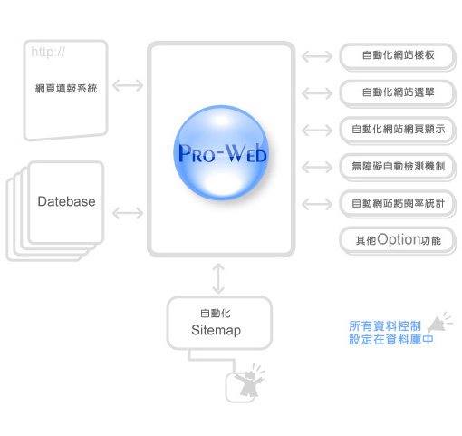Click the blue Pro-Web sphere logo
point(221,152)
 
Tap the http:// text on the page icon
point(48,52)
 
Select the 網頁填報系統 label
point(66,89)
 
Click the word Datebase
point(66,201)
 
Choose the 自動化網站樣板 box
point(398,56)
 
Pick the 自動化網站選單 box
point(398,93)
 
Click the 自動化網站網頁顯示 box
point(398,130)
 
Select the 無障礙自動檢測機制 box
point(398,167)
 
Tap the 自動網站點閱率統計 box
point(398,204)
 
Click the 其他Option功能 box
point(398,240)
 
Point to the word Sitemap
point(217,330)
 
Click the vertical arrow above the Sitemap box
point(218,278)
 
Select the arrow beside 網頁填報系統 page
point(128,85)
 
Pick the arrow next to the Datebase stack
point(128,213)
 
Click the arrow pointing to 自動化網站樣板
point(317,56)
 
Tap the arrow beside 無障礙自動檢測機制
point(317,167)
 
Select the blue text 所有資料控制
point(385,326)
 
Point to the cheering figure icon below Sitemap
point(249,382)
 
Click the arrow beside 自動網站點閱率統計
point(317,204)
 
